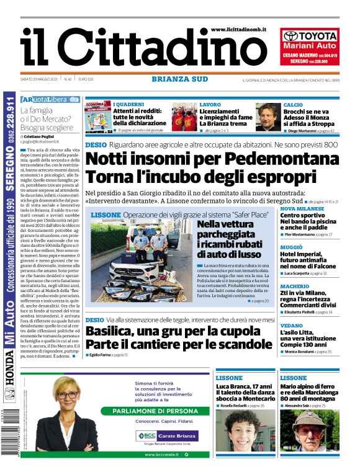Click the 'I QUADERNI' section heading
(128, 105)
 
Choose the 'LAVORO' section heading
(210, 105)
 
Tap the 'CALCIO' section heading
(293, 105)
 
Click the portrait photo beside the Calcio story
(268, 117)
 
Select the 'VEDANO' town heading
(291, 325)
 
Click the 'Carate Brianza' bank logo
(175, 435)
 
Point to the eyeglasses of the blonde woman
(68, 395)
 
